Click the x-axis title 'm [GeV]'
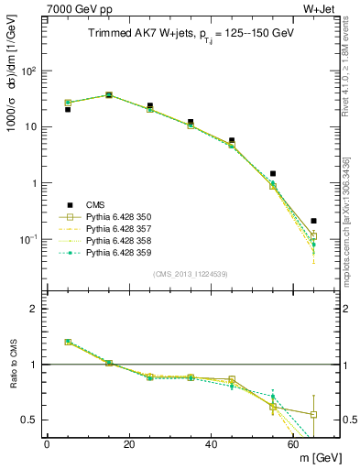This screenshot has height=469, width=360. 317,457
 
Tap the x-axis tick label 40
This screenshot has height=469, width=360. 212,443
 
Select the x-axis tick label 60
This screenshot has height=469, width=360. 294,443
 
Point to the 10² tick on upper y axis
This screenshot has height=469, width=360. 30,71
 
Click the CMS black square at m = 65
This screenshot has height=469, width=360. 314,221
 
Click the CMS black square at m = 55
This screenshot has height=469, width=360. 273,173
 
